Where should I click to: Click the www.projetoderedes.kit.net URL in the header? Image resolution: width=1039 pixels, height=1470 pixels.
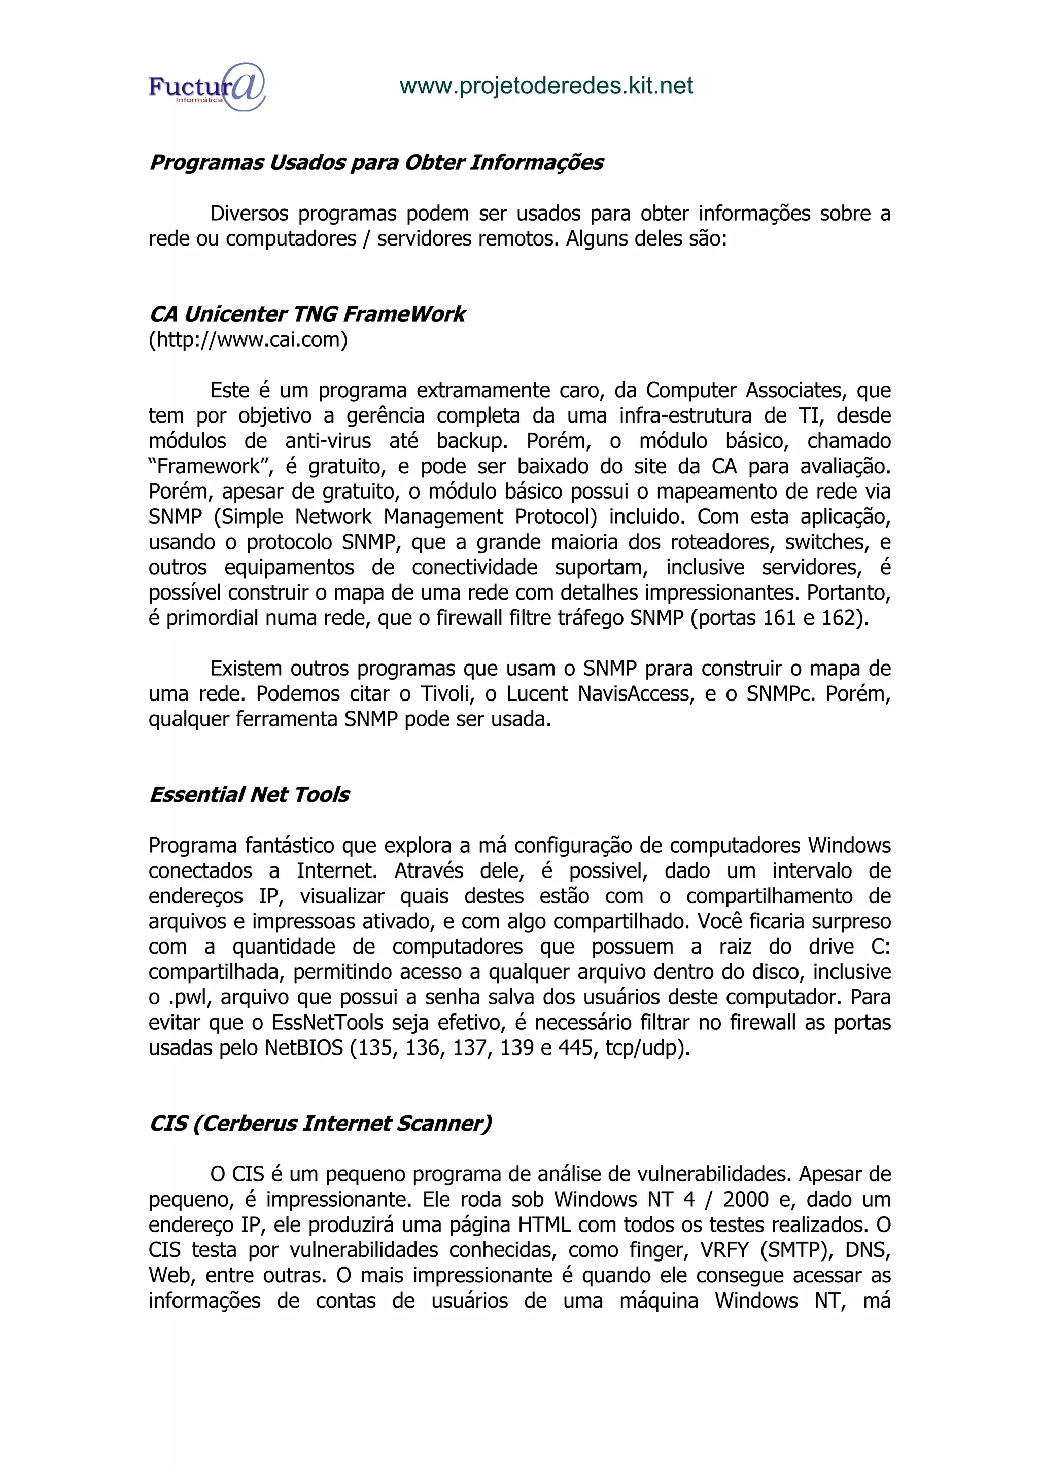coord(546,86)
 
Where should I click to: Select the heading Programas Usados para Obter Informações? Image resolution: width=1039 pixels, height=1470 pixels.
coord(376,163)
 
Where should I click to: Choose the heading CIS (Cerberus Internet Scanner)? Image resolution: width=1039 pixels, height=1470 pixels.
coord(320,1123)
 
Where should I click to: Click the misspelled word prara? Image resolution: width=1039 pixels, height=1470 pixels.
coord(669,669)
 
